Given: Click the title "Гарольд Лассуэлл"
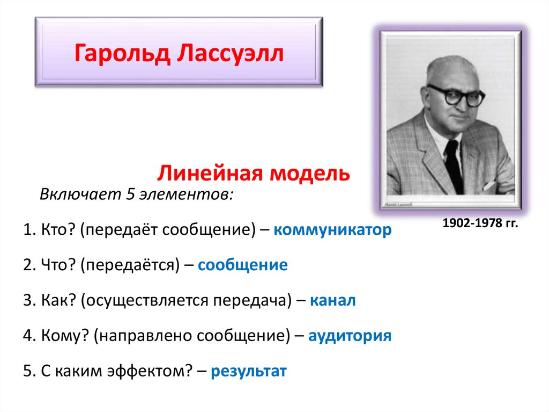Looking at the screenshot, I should tap(179, 53).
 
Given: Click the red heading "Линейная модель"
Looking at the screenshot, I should tap(254, 173).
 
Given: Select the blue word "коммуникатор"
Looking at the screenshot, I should tap(332, 230).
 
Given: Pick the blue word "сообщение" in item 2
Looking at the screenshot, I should tap(243, 265).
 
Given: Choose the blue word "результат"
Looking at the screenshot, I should tap(249, 371).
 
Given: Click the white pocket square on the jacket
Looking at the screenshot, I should tap(489, 186).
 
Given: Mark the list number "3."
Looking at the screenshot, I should tap(29, 301).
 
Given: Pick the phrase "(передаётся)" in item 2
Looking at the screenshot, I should tap(131, 265).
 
